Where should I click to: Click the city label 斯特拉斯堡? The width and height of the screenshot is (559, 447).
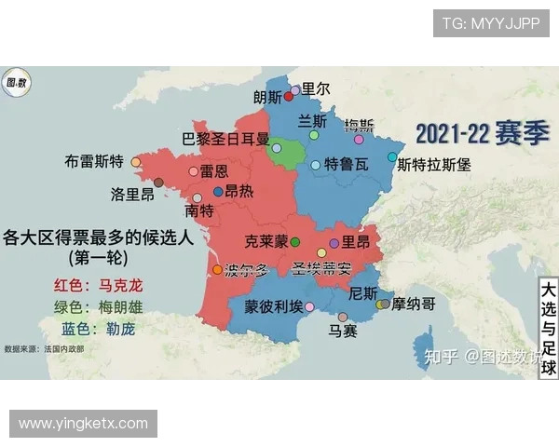pyautogui.click(x=434, y=165)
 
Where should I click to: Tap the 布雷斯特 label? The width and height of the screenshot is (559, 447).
pyautogui.click(x=94, y=161)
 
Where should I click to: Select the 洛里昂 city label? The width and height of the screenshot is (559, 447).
pyautogui.click(x=132, y=195)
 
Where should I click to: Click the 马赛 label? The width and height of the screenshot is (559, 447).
pyautogui.click(x=343, y=331)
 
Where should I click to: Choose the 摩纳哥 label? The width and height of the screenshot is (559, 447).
pyautogui.click(x=414, y=304)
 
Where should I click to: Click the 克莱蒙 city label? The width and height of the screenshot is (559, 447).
pyautogui.click(x=266, y=241)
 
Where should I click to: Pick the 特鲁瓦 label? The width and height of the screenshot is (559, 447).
pyautogui.click(x=346, y=165)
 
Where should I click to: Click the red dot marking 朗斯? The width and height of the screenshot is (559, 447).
pyautogui.click(x=289, y=96)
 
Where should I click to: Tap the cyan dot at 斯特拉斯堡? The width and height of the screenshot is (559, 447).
pyautogui.click(x=392, y=157)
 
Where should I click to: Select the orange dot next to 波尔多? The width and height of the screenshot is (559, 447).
pyautogui.click(x=218, y=270)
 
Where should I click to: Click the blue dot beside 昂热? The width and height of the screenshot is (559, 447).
pyautogui.click(x=218, y=191)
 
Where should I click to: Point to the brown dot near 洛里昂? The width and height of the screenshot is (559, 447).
pyautogui.click(x=158, y=183)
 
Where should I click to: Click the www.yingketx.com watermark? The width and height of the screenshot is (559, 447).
pyautogui.click(x=83, y=423)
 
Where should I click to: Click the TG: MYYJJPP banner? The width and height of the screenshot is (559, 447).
pyautogui.click(x=490, y=23)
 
